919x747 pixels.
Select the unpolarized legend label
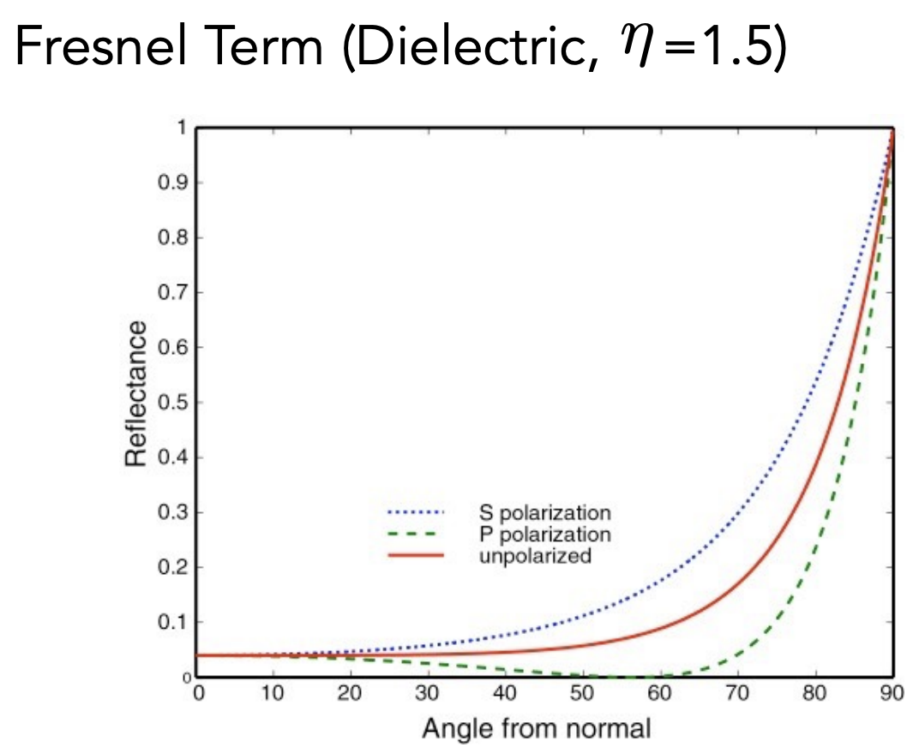pyautogui.click(x=534, y=556)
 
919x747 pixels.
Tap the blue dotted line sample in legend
pyautogui.click(x=417, y=513)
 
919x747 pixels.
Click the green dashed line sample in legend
pyautogui.click(x=417, y=535)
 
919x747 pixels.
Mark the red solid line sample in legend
pyautogui.click(x=417, y=556)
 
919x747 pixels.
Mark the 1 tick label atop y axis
pyautogui.click(x=181, y=128)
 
